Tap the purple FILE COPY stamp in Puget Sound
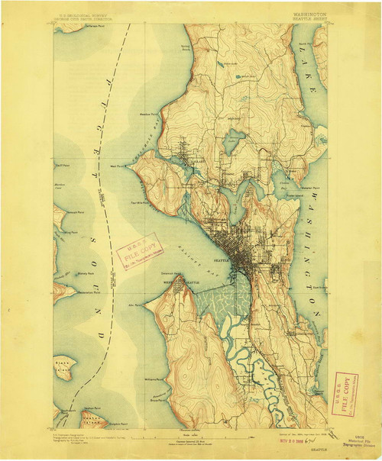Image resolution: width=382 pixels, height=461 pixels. pyautogui.click(x=137, y=251)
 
